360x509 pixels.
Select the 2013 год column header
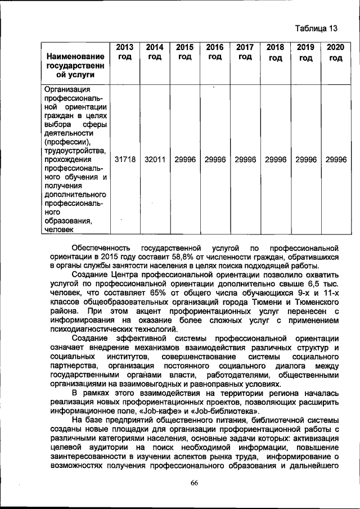click(125, 53)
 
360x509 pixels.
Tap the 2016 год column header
click(215, 53)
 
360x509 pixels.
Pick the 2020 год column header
click(336, 53)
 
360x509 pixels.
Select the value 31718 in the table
click(125, 160)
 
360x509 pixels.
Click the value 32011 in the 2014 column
click(155, 160)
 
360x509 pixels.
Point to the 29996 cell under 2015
click(185, 160)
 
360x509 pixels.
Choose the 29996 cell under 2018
click(276, 160)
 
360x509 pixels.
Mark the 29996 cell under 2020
click(336, 160)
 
